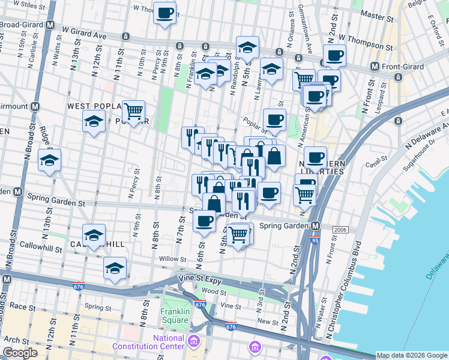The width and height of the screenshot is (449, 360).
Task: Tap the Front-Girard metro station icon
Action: [x=375, y=66]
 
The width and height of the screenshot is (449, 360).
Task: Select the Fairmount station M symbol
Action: [x=35, y=106]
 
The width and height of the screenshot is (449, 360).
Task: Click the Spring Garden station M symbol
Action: [x=315, y=226]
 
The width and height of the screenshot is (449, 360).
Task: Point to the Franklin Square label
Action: [x=175, y=316]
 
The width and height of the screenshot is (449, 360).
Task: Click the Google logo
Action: [x=20, y=353]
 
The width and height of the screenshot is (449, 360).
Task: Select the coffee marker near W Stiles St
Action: [x=164, y=12]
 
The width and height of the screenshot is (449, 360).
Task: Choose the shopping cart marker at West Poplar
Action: [x=133, y=110]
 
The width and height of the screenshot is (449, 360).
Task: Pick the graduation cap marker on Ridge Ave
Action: [x=49, y=159]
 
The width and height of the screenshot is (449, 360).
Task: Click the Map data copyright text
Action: [x=412, y=355]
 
